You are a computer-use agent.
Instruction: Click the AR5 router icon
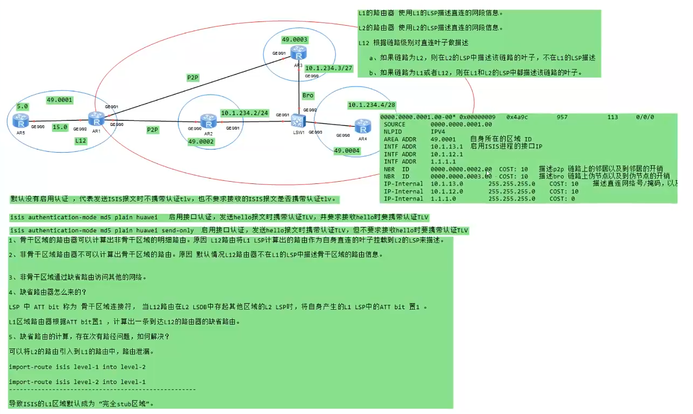click(21, 121)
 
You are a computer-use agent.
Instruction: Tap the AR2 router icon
click(208, 121)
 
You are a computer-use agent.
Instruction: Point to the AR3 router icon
click(298, 53)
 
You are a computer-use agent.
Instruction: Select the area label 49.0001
click(60, 100)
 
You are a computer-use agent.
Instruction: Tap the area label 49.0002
click(201, 142)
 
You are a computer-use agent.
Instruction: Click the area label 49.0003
click(295, 39)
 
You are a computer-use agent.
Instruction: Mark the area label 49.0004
click(347, 151)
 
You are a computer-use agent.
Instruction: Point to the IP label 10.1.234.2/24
click(244, 113)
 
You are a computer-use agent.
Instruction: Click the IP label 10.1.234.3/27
click(328, 68)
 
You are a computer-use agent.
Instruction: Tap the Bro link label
click(308, 95)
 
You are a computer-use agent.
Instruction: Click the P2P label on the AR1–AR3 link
click(193, 77)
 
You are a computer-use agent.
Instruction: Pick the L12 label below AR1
click(81, 141)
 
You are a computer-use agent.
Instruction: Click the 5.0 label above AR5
click(23, 106)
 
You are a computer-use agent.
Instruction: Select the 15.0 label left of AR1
click(60, 127)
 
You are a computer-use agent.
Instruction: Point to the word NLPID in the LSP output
click(394, 131)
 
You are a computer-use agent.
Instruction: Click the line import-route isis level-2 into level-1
click(77, 382)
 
